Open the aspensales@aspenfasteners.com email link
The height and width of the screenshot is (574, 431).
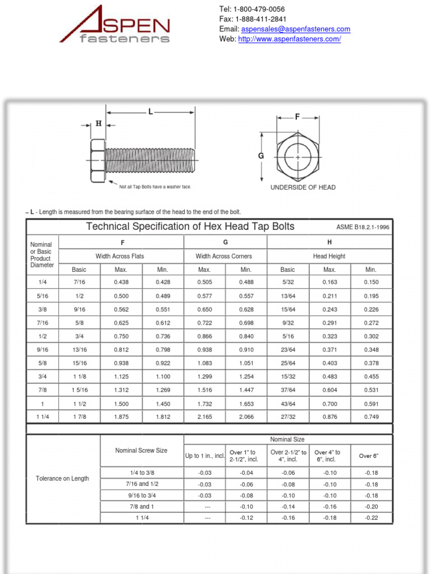coord(296,29)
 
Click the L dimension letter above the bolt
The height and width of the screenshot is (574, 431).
coord(150,112)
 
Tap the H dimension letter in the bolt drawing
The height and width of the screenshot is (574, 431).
coord(98,124)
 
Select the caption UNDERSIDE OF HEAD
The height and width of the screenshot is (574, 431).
coord(303,188)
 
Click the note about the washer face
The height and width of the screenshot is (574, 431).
coord(155,187)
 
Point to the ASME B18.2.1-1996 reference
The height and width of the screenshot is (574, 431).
coord(363,227)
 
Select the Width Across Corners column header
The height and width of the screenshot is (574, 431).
coord(224,256)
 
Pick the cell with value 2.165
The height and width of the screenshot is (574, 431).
coord(204,417)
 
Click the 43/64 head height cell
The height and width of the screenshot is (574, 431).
coord(287,404)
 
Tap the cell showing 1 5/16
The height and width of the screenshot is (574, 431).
coord(79,390)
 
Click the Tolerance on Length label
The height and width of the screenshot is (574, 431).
coord(62,479)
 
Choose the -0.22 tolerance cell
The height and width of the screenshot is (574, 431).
coord(371,518)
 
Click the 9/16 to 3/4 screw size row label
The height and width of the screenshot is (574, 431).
coord(141,496)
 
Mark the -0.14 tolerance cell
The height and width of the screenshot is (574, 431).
coord(288,507)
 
